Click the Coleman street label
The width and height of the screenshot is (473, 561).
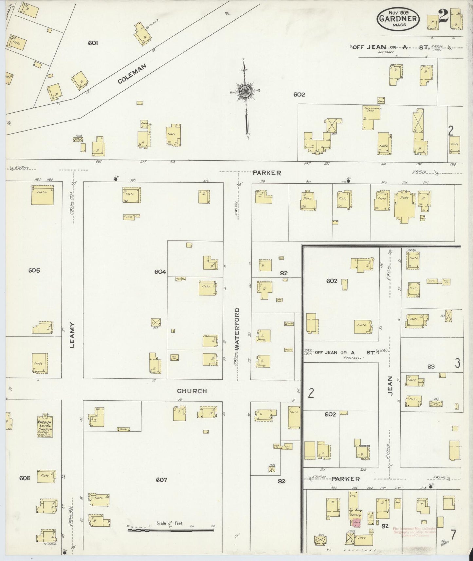(132, 74)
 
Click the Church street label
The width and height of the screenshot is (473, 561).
(192, 391)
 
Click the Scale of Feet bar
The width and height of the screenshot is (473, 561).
(170, 529)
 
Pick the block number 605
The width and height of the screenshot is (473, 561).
(34, 270)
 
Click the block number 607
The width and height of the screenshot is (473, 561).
(161, 480)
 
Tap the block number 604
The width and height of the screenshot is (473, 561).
(160, 272)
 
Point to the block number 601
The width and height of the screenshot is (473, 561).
(93, 43)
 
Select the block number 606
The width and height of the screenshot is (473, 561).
(25, 478)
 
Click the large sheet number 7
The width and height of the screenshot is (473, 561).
(453, 534)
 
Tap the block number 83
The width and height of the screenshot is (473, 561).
(430, 367)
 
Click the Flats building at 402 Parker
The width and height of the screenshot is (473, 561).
(46, 195)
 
